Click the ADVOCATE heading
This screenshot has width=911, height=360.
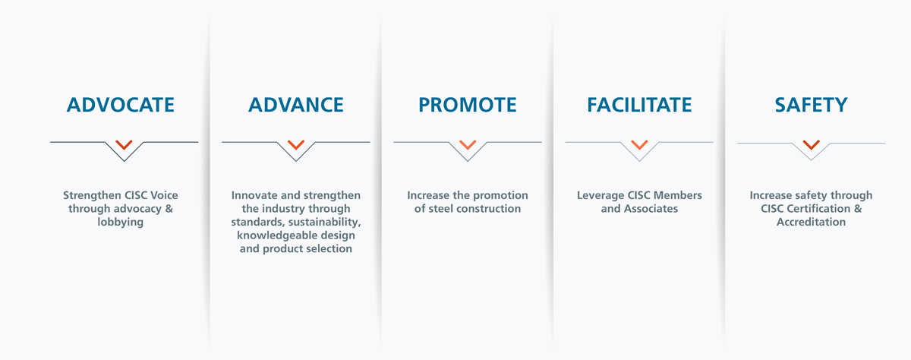pos(121,105)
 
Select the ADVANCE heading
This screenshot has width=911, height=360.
pos(295,105)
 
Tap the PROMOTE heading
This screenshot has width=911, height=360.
pos(468,105)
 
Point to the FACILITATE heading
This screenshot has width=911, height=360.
pos(639,105)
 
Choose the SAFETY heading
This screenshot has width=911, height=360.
pos(811,105)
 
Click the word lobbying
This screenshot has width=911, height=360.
pos(121,222)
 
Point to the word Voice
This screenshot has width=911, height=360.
pos(164,195)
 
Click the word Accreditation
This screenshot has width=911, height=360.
pos(811,222)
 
